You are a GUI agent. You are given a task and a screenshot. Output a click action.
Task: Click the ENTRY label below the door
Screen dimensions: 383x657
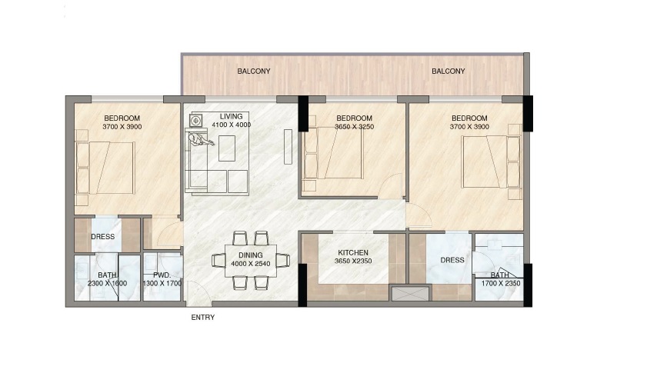202,317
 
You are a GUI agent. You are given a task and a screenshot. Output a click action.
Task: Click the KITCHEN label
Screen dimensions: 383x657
353,252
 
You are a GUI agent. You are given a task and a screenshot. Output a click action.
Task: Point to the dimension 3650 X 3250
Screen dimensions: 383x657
354,127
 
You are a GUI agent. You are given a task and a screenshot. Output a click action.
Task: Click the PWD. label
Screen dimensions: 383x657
162,275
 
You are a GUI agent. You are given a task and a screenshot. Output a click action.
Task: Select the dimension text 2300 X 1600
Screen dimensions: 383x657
108,284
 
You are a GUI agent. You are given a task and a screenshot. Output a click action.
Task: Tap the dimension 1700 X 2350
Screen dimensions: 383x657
500,284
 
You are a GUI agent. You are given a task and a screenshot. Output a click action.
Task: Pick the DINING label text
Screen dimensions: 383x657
251,255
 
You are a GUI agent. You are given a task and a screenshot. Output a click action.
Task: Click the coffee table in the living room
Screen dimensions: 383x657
227,148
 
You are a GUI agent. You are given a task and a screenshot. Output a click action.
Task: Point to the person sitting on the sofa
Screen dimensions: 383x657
201,140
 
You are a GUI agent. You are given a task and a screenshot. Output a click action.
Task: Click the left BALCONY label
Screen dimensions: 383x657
253,72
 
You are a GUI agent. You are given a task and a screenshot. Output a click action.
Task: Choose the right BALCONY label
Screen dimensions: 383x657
448,72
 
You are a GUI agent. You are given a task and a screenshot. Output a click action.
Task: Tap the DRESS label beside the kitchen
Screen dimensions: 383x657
452,260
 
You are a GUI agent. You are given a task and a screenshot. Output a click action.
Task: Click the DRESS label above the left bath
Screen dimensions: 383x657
102,237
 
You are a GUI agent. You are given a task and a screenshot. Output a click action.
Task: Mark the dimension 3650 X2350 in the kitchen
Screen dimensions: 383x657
353,261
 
